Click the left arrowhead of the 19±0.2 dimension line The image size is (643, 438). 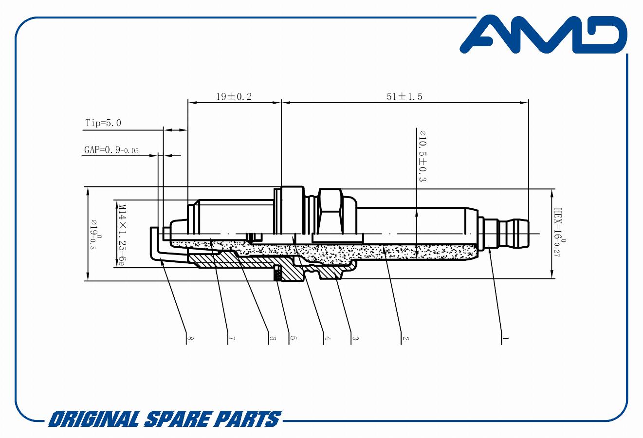point(192,103)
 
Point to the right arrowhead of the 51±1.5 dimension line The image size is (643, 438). point(524,103)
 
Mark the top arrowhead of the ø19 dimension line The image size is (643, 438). point(88,191)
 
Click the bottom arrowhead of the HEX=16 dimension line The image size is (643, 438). point(551,274)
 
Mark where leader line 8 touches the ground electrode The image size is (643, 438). point(161,258)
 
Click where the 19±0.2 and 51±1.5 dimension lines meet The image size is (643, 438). point(281,103)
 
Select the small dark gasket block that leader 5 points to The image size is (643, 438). point(277,273)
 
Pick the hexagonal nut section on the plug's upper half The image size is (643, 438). point(330,211)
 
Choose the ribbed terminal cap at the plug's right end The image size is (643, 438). point(514,233)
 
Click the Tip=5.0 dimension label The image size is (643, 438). point(103,123)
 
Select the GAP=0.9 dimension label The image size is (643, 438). point(111,149)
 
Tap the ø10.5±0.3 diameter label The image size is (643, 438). point(423,156)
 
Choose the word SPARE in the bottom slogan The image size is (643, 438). point(176,419)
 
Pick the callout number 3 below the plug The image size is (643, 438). point(355,338)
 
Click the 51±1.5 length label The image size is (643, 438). point(404,97)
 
